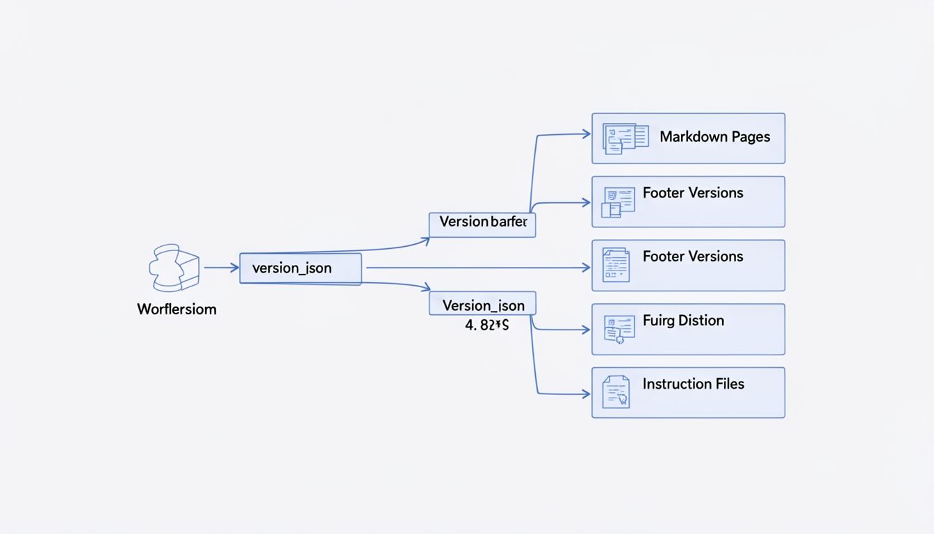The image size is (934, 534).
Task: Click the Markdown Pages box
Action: point(688,138)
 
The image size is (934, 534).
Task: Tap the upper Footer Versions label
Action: point(693,193)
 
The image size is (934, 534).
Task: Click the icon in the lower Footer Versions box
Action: point(616,265)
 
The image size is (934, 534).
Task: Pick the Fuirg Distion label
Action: point(683,321)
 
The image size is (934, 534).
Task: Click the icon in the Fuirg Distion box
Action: point(618,329)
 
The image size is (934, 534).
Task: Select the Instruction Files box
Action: point(688,393)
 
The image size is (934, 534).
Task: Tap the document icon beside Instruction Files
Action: point(616,391)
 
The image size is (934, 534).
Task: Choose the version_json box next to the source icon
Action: point(300,268)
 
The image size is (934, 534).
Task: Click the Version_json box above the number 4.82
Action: point(482,305)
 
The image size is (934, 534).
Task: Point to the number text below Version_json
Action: point(486,325)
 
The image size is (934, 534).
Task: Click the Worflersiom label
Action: point(177,309)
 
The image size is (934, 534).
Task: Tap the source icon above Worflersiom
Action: point(174,268)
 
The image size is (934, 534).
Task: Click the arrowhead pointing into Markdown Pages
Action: point(586,134)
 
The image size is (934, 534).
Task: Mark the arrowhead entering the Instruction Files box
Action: point(586,394)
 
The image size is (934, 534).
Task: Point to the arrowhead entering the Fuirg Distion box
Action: point(586,330)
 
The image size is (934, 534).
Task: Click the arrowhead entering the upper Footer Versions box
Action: point(586,203)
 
